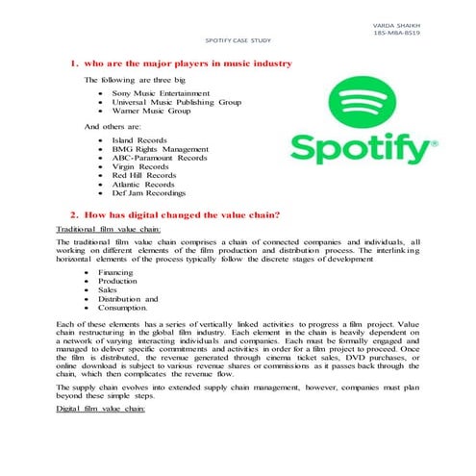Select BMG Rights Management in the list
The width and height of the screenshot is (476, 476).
pyautogui.click(x=160, y=149)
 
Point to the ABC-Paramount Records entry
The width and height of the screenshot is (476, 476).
pyautogui.click(x=160, y=158)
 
